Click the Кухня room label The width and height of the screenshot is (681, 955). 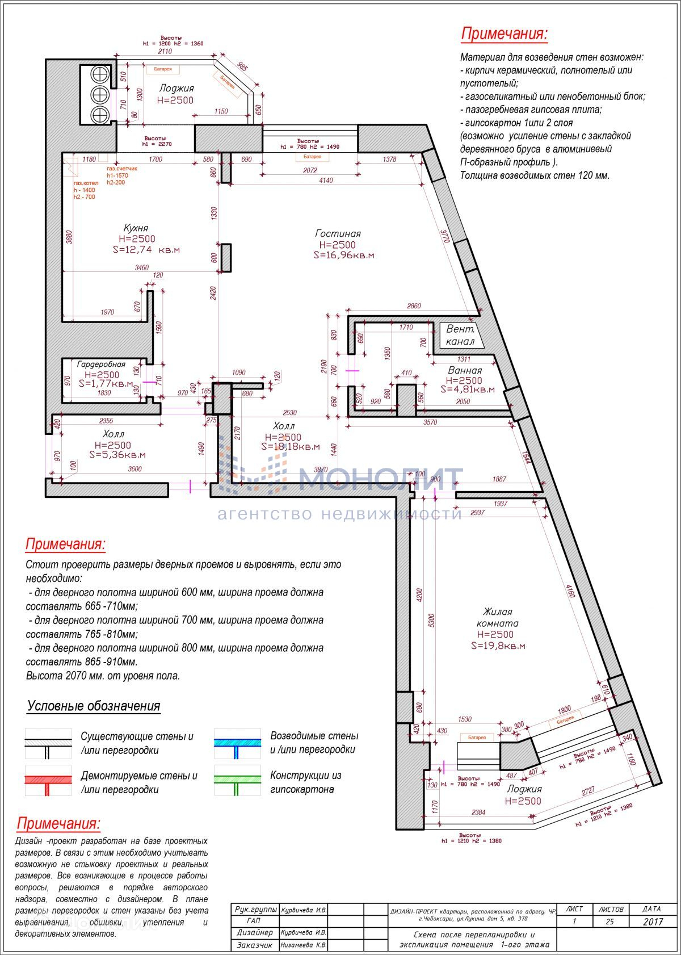click(x=137, y=228)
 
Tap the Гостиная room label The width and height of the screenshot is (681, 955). click(x=338, y=233)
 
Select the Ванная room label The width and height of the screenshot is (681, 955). click(x=464, y=370)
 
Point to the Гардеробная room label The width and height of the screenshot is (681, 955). click(x=101, y=365)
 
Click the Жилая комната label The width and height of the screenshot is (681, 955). click(x=497, y=617)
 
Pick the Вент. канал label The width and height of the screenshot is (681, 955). click(x=460, y=335)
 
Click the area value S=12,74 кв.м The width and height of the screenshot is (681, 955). click(x=146, y=250)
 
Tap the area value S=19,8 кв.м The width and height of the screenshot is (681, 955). click(x=498, y=646)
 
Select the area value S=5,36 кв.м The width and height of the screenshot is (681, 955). click(x=117, y=455)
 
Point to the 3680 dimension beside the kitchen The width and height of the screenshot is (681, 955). click(x=69, y=236)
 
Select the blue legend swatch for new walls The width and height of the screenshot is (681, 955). click(x=237, y=743)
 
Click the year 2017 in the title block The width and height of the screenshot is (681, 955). click(x=653, y=922)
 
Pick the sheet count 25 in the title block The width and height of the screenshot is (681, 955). click(x=609, y=922)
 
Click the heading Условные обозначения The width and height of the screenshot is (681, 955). click(x=94, y=706)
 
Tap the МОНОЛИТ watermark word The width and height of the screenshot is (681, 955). click(x=380, y=480)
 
